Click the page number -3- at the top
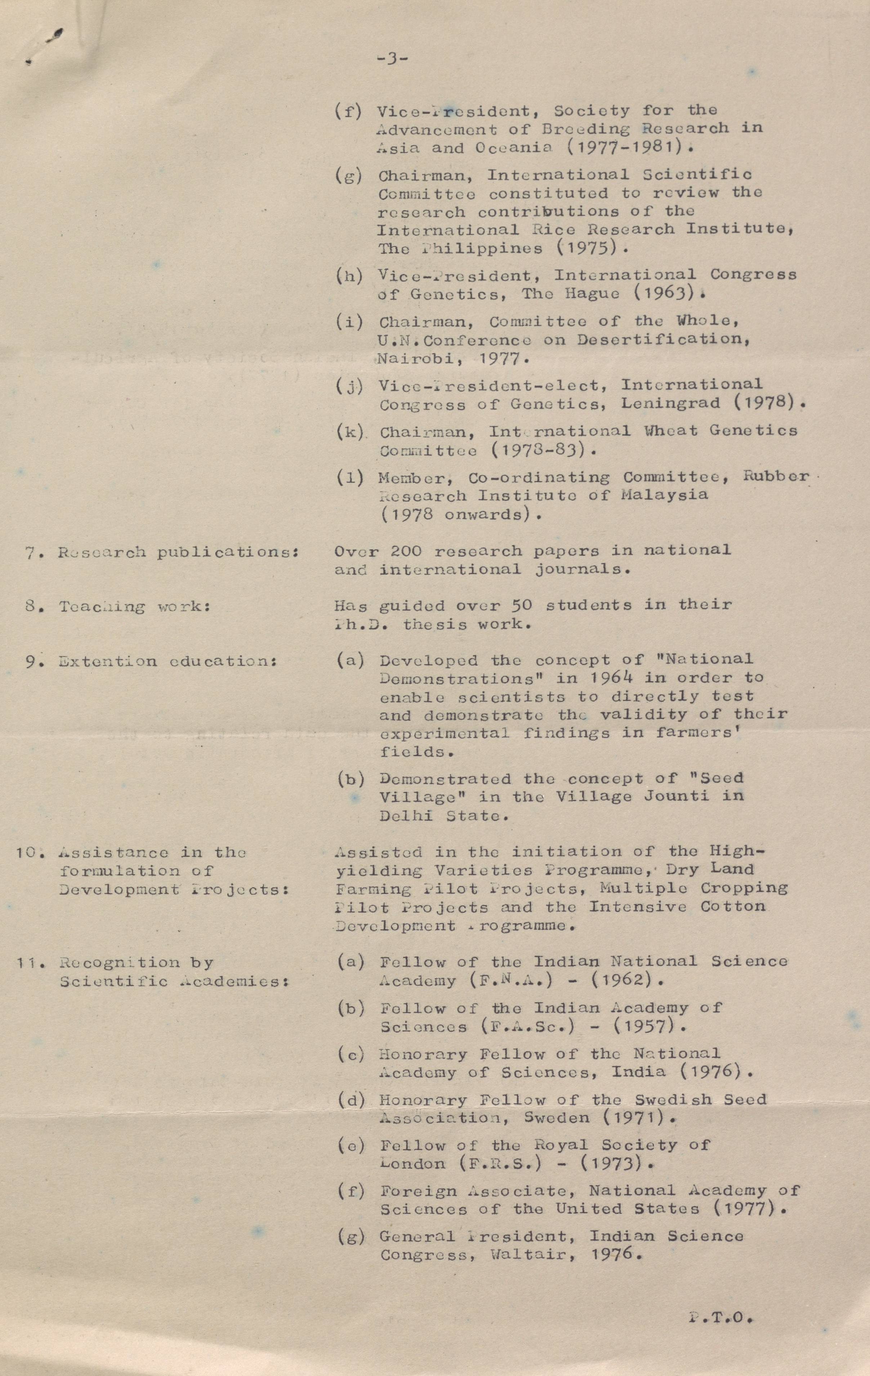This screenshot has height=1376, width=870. pos(392,58)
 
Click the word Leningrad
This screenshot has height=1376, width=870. pos(670,404)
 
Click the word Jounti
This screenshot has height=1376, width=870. pos(676,796)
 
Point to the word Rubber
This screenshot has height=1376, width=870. pos(776,476)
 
